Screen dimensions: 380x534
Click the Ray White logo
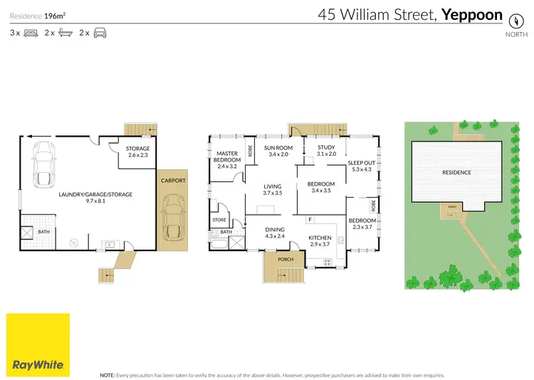click(x=38, y=344)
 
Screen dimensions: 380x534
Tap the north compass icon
click(x=512, y=20)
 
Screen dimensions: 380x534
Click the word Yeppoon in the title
click(x=472, y=14)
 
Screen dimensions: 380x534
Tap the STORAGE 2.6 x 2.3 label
click(x=138, y=152)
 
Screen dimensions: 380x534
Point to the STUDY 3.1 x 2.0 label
click(x=325, y=151)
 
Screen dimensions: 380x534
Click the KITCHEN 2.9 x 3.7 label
click(x=320, y=241)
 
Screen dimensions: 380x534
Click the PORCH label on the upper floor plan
click(x=285, y=260)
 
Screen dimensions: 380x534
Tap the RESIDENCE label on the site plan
click(x=456, y=172)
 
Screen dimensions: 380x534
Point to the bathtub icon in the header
click(x=65, y=33)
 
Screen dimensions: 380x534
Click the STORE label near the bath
click(x=219, y=221)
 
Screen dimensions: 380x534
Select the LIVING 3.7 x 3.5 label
click(x=273, y=189)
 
